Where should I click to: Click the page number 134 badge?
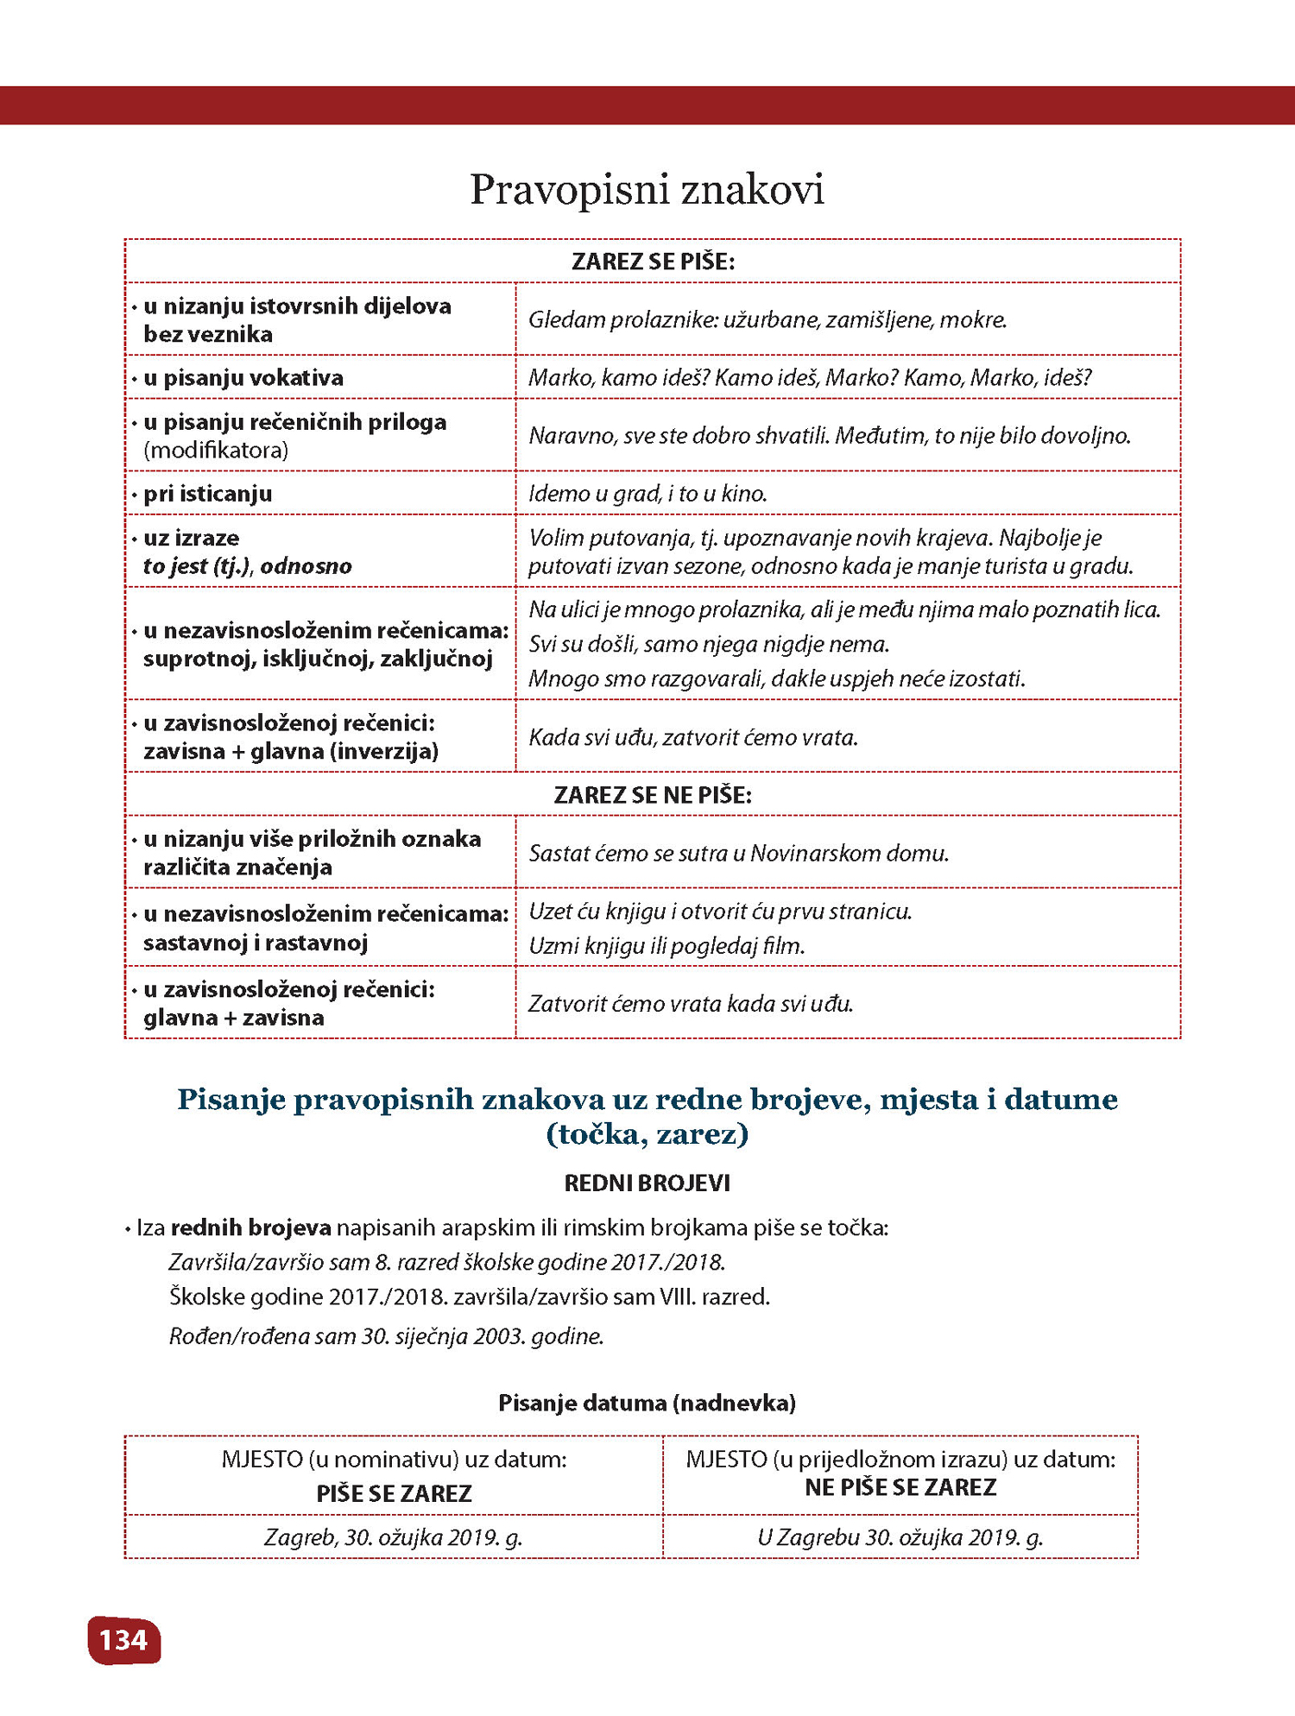pyautogui.click(x=124, y=1640)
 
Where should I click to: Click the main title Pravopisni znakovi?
pyautogui.click(x=647, y=190)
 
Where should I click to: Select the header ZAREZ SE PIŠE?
pyautogui.click(x=653, y=262)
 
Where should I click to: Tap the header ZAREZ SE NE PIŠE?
pyautogui.click(x=653, y=794)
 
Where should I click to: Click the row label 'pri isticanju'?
pyautogui.click(x=207, y=494)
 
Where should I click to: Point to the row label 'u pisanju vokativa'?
pyautogui.click(x=243, y=378)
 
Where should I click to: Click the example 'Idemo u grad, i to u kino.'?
pyautogui.click(x=647, y=494)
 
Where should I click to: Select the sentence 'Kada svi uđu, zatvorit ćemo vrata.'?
pyautogui.click(x=693, y=737)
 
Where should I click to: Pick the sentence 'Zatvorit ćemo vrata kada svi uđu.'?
pyautogui.click(x=691, y=1004)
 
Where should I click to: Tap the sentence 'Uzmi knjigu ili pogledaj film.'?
pyautogui.click(x=666, y=946)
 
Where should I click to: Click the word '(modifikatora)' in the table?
pyautogui.click(x=216, y=451)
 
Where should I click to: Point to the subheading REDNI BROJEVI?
pyautogui.click(x=647, y=1183)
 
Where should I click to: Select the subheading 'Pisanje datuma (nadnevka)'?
pyautogui.click(x=647, y=1403)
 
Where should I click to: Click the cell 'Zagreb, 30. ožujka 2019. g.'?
pyautogui.click(x=394, y=1537)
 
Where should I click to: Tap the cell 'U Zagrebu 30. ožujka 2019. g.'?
pyautogui.click(x=900, y=1537)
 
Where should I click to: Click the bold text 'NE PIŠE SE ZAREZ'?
pyautogui.click(x=900, y=1487)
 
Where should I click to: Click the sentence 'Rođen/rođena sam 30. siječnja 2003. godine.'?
pyautogui.click(x=386, y=1336)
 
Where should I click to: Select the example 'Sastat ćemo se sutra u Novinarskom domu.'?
pyautogui.click(x=738, y=853)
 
